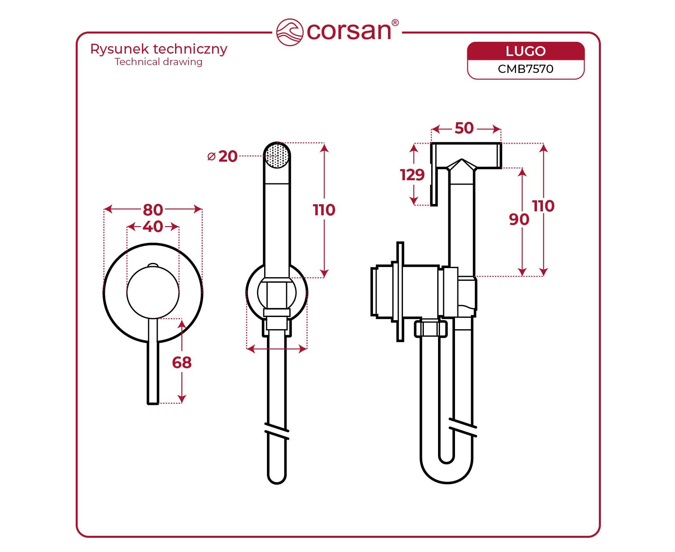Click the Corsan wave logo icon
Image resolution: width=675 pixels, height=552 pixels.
point(289,32)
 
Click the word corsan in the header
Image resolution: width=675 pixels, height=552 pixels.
point(349,31)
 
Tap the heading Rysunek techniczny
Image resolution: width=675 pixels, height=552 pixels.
point(158,49)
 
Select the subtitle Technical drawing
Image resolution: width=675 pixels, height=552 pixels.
point(158,62)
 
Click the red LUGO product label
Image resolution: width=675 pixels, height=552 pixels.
point(526,51)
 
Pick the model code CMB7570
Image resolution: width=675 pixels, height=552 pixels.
point(526,69)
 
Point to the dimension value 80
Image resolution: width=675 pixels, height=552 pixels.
point(153,210)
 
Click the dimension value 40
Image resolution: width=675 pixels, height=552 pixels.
point(153,227)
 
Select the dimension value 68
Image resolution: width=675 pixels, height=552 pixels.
point(182,363)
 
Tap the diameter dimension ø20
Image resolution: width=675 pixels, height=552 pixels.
point(223,157)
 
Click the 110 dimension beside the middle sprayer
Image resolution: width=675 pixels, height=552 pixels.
point(324,210)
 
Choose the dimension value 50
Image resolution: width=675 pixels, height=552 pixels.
point(464,128)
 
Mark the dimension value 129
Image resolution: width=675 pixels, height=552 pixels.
point(412,175)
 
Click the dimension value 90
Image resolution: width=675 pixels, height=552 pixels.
point(519,220)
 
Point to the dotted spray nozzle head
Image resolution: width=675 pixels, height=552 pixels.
point(277,156)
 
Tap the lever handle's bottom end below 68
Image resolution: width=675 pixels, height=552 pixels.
point(153,401)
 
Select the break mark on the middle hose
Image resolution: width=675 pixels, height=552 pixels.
point(277,431)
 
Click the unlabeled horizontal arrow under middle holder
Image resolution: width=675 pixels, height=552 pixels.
point(277,349)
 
